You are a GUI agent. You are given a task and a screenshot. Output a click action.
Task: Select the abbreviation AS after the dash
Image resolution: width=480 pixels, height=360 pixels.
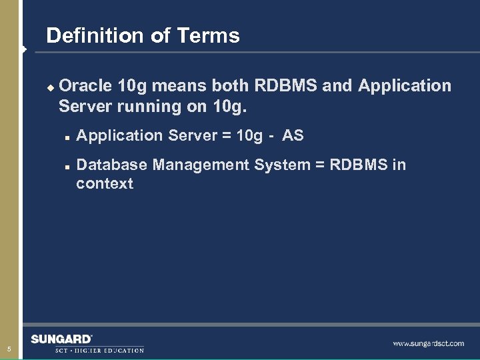[x=293, y=136]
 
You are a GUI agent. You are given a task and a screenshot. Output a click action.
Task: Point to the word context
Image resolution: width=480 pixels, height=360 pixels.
[x=105, y=184]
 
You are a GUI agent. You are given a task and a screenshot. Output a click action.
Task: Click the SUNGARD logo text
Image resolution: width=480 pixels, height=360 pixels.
[x=61, y=339]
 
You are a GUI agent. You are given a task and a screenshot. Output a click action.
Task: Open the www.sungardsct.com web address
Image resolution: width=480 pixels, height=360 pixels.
[x=428, y=343]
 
